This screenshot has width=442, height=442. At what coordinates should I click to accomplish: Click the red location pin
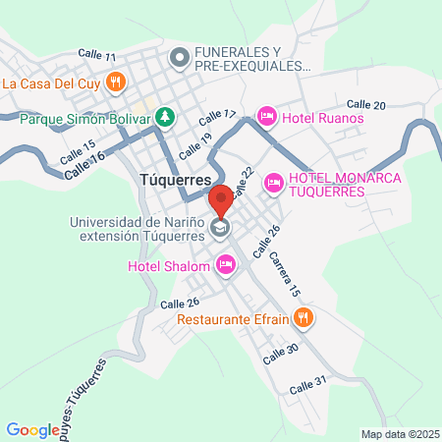[221, 199]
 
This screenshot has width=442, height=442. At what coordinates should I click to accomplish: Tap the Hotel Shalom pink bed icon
[226, 263]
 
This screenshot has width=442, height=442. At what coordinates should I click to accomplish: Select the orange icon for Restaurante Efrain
[304, 317]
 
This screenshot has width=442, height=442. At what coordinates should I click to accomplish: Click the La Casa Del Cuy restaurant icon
[116, 83]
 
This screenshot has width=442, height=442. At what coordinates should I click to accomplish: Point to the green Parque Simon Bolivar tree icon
[165, 119]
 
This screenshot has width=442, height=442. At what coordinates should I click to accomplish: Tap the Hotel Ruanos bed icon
[265, 118]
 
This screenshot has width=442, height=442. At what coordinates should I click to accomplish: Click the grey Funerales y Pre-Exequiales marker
[179, 59]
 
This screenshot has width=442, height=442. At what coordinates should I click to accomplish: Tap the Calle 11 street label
[96, 56]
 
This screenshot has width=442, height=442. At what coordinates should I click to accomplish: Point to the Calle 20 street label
[366, 104]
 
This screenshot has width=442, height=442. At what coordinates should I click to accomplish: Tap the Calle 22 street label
[244, 180]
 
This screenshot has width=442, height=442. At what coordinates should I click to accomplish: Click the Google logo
[32, 429]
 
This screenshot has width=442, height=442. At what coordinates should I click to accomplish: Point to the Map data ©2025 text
[398, 434]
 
